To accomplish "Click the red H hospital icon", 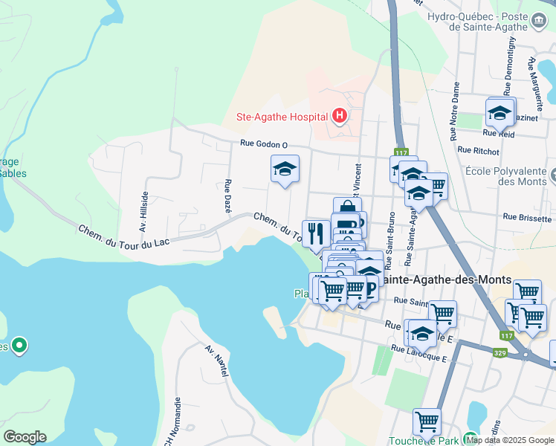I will pos(340,116).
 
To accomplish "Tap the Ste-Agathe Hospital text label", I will pos(282,117).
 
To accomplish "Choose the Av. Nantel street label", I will pos(216,361).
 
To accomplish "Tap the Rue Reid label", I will pos(499,134).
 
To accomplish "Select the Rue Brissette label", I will pos(527,218).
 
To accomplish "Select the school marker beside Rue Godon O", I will pos(284,169).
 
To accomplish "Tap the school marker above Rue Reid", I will pos(500,113).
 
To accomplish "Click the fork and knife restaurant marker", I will pos(315,233).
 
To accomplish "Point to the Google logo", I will pos(25,436).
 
